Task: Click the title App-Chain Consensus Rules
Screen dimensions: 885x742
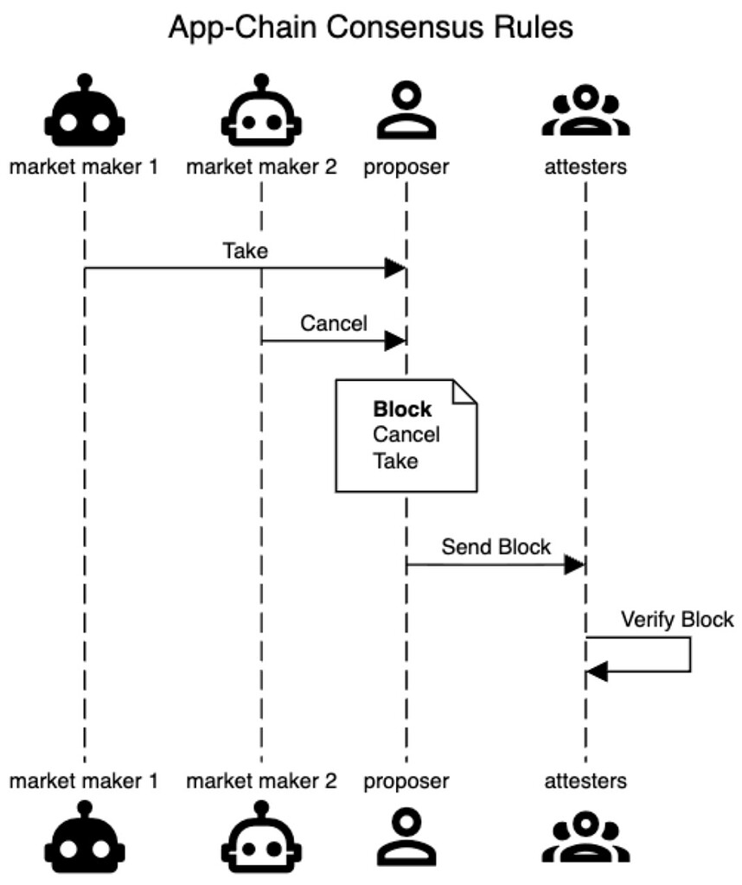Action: coord(370,28)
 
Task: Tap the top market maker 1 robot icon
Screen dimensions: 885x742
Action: coord(84,111)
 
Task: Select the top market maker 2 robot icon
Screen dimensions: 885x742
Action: coord(260,111)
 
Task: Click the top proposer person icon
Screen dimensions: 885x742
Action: coord(406,112)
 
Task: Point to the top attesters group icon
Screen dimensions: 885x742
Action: coord(585,112)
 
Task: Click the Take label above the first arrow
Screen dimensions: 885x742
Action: coord(245,251)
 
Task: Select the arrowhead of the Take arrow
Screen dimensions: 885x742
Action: coord(395,269)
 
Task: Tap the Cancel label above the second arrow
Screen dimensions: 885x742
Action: coord(334,324)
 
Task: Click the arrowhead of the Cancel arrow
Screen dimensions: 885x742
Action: coord(395,341)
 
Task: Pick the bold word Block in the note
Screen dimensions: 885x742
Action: coord(402,410)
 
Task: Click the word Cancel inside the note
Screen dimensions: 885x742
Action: coord(406,435)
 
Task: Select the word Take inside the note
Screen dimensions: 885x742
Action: coord(395,461)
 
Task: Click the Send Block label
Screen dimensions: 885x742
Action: coord(496,547)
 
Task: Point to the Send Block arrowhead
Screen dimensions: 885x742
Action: coord(575,565)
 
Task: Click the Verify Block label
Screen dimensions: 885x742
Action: coord(676,620)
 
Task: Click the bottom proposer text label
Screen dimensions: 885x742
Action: coord(406,781)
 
